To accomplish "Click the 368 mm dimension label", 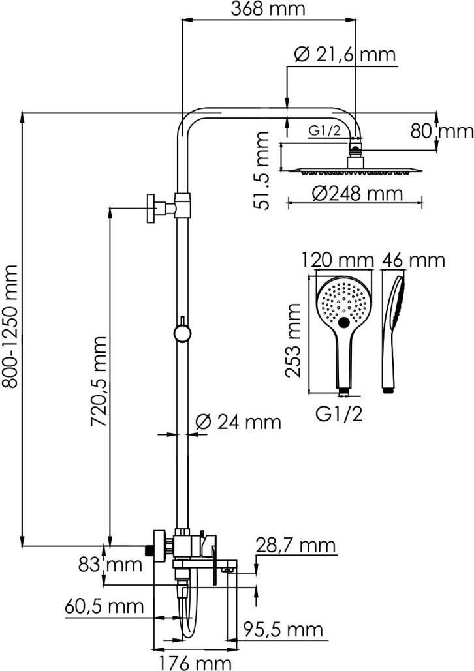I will point(268,9).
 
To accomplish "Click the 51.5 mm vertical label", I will point(262,170).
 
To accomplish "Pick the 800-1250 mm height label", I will point(10,326).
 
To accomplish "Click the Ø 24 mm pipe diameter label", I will point(239,422).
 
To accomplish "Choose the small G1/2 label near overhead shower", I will point(324,130).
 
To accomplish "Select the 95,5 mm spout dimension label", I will point(283,629).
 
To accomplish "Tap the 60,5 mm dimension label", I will point(104,606).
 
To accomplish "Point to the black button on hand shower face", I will point(344,321).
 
